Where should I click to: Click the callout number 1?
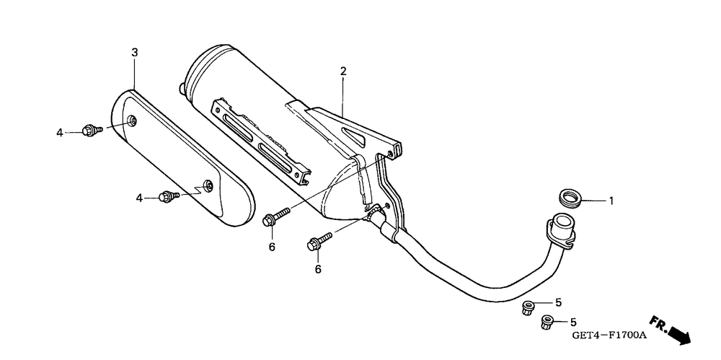(611, 201)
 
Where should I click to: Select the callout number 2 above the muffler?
(343, 71)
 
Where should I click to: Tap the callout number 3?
(134, 53)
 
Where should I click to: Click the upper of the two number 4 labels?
(61, 132)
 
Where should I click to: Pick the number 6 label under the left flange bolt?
(272, 247)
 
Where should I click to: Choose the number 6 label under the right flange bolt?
(317, 269)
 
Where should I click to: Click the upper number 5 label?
(557, 302)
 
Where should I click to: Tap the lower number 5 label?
(573, 321)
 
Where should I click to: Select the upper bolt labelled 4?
(91, 131)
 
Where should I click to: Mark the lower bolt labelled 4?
(167, 196)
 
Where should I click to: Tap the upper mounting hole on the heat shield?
(131, 120)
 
